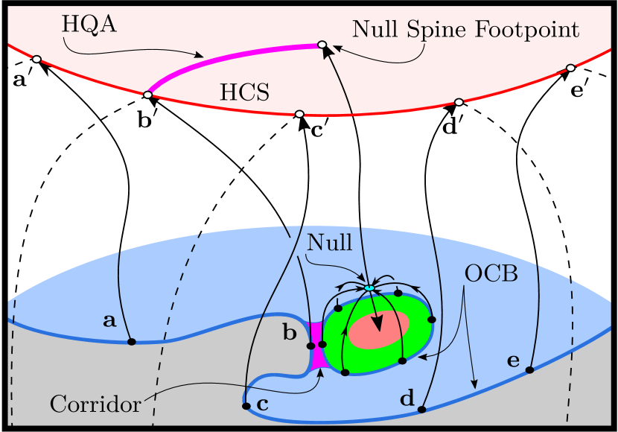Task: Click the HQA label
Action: (89, 24)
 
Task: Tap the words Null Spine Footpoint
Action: (465, 30)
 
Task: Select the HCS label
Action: (244, 92)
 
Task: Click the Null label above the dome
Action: (330, 241)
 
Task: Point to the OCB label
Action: (491, 273)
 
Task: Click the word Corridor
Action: (95, 404)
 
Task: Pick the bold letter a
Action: (109, 321)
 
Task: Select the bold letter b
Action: (290, 333)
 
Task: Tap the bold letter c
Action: (262, 404)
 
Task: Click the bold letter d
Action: (407, 398)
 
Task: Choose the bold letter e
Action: (513, 361)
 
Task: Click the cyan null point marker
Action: (369, 288)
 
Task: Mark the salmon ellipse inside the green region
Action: (379, 329)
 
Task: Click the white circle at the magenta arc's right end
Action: (322, 45)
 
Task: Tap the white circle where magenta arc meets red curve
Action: (147, 95)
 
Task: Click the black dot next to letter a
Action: (132, 342)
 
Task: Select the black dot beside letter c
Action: (246, 406)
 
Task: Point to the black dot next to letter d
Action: (421, 410)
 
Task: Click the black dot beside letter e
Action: (530, 369)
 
